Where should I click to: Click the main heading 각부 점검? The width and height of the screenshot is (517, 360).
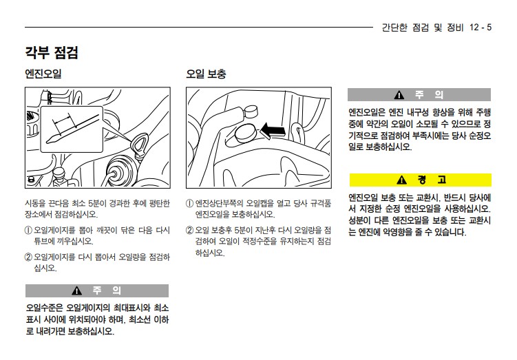pos(52,52)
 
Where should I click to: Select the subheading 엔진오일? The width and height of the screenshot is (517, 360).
pos(43,74)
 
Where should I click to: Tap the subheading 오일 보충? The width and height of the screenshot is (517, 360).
pos(206,74)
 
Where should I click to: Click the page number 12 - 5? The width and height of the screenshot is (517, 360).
pos(481,27)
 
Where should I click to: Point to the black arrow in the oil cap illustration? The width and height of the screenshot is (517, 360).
pos(273,131)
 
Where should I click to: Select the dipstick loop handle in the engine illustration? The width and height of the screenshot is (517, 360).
pos(140,143)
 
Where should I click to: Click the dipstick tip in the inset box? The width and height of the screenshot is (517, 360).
pos(50,141)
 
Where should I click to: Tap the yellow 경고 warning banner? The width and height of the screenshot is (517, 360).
pos(421,180)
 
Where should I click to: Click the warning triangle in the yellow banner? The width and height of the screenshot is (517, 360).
pos(401,180)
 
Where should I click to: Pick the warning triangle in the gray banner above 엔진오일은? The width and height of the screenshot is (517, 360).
pos(399,95)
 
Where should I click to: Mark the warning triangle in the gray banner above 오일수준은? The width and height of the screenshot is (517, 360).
pos(77,290)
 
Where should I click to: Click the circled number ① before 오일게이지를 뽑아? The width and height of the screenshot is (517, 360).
pos(29,230)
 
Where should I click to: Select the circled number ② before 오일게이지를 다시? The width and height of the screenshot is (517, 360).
pos(29,257)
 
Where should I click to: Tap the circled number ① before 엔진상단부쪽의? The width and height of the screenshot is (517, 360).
pos(189,203)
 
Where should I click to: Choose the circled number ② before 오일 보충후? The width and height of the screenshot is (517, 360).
pos(189,230)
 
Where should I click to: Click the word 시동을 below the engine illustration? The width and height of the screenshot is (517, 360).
pos(35,203)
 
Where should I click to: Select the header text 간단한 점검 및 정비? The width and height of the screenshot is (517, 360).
pos(423,27)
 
